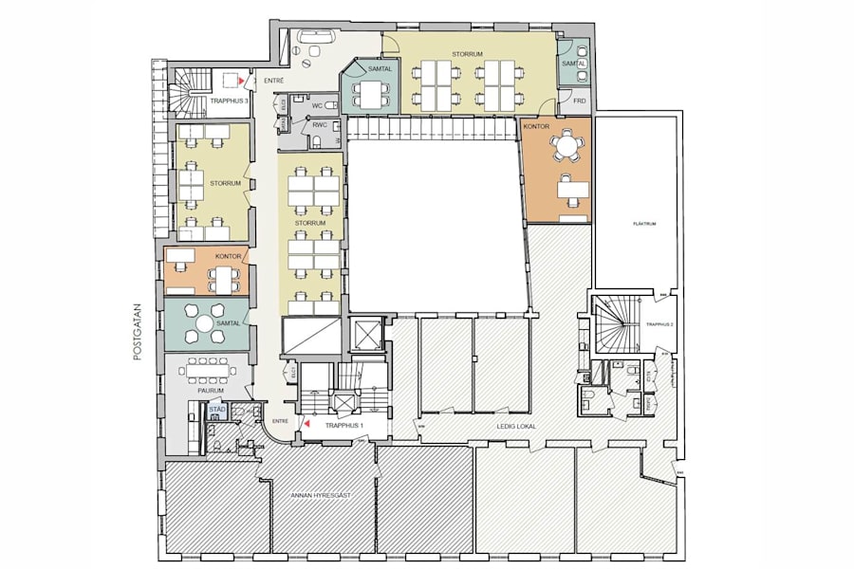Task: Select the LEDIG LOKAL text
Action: pos(516,427)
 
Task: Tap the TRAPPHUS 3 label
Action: pos(229,101)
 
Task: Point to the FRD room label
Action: pos(579,101)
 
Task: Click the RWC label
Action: pos(320,123)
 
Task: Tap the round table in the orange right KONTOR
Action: pos(568,146)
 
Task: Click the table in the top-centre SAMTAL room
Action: pos(369,94)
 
